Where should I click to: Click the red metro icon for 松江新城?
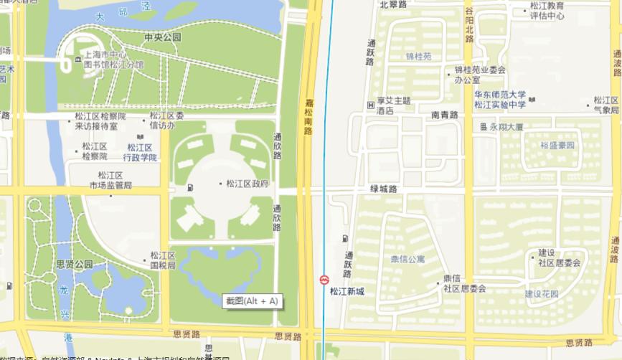point(325,279)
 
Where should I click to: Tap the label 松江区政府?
point(246,184)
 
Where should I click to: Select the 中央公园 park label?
point(162,37)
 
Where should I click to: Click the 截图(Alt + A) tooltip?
point(251,301)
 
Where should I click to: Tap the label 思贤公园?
point(75,265)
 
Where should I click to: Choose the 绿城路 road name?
point(384,189)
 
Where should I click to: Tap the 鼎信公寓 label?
point(407,259)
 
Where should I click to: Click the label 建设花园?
point(541,294)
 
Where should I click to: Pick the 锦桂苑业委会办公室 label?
point(480,75)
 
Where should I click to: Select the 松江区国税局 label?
point(162,260)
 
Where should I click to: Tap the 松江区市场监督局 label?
point(110,180)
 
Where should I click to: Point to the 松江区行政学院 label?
point(140,152)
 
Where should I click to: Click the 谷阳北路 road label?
point(468,24)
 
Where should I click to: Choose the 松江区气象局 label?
point(606,105)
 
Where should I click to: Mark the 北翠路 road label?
point(393,4)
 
